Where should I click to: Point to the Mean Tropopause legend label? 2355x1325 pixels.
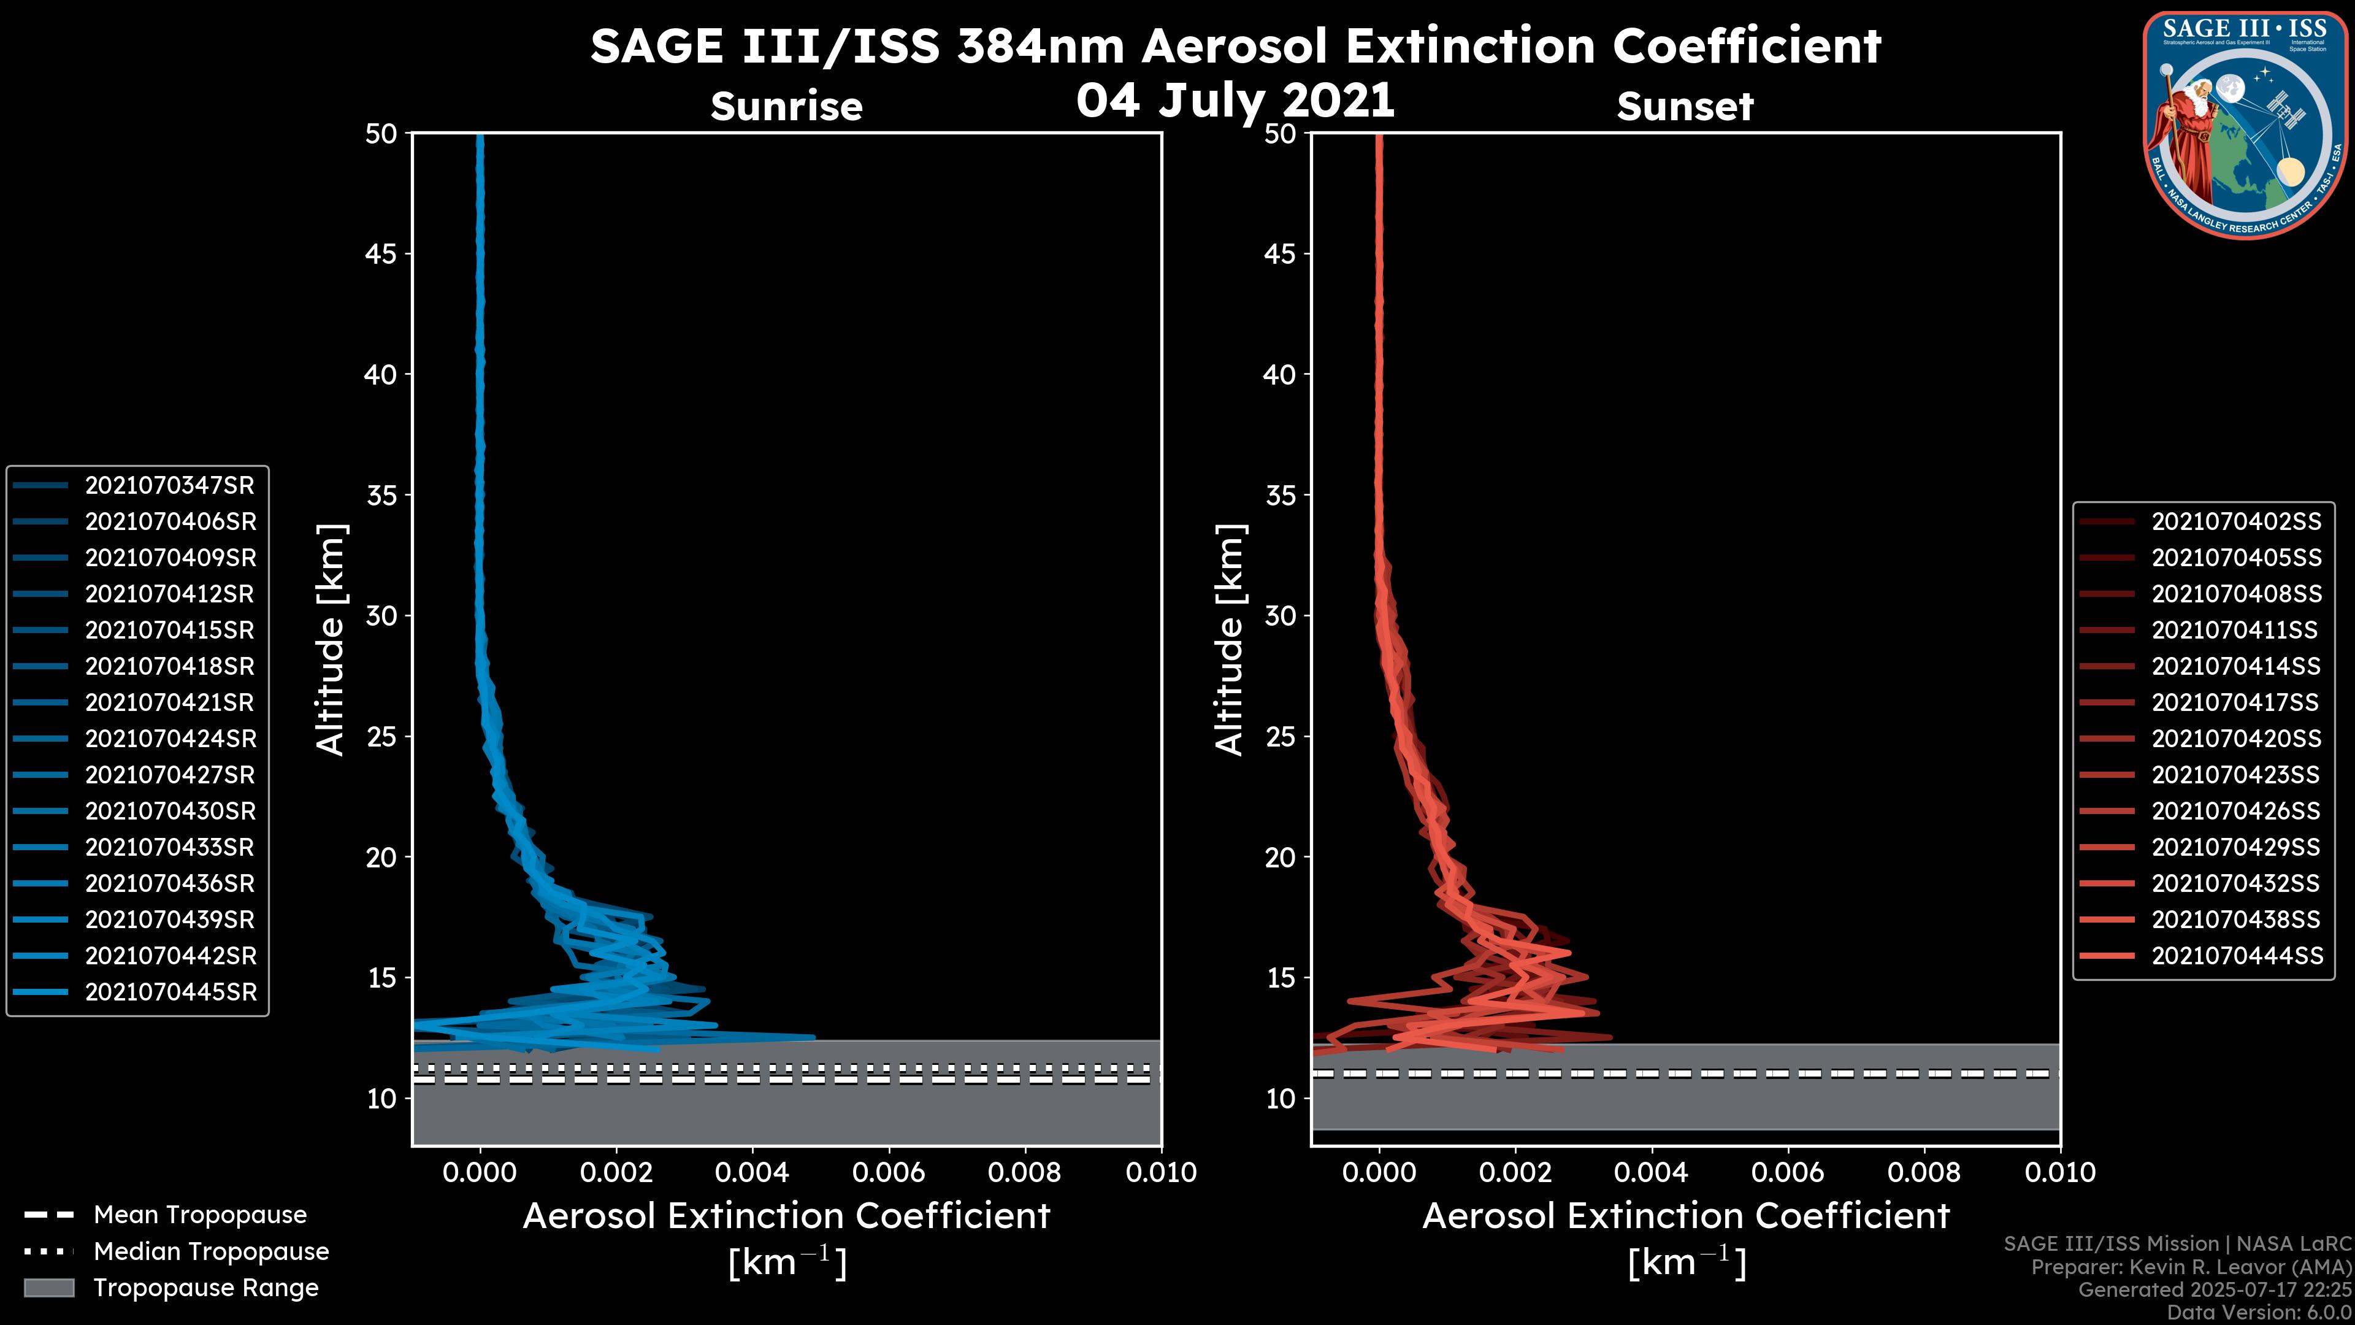click(200, 1215)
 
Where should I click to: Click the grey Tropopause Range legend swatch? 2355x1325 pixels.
click(48, 1288)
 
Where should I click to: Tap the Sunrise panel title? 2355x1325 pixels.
click(786, 106)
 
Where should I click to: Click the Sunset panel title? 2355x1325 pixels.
click(1685, 106)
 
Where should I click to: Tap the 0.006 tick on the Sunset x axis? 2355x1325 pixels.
click(1788, 1172)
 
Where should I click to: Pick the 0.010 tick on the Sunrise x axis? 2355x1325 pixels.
click(1161, 1172)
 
